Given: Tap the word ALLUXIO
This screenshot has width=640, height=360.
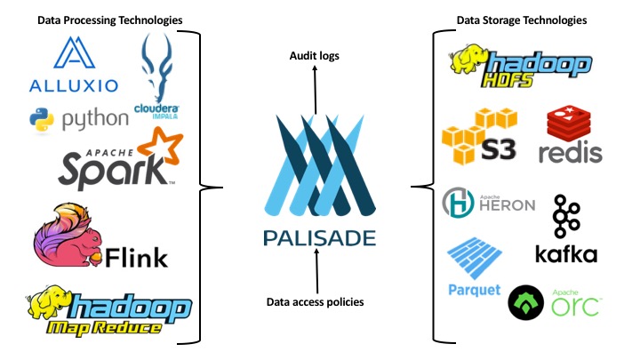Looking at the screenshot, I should [x=73, y=86].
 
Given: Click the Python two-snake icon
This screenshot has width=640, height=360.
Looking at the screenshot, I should [x=39, y=117].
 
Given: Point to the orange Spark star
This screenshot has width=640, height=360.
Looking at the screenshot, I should [x=162, y=146].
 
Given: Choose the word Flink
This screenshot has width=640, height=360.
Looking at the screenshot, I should [x=136, y=257].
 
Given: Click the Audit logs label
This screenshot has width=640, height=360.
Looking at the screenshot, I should [x=315, y=56].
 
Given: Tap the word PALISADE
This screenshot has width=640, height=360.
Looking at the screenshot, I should [x=319, y=237].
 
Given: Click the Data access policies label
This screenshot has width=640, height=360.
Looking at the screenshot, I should [x=315, y=301].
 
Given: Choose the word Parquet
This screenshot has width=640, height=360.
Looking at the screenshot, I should [x=475, y=290].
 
